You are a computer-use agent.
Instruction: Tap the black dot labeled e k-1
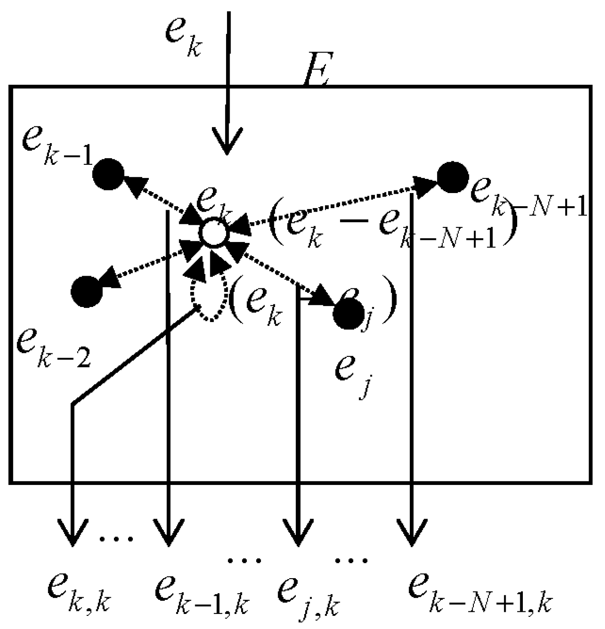click(x=108, y=174)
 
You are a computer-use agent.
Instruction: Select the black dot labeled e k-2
click(x=87, y=291)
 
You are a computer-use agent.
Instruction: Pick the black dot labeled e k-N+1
click(x=452, y=177)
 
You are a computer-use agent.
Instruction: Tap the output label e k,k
click(x=79, y=592)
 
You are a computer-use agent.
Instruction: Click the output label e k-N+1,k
click(x=479, y=592)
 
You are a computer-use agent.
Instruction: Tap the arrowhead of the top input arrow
click(x=227, y=141)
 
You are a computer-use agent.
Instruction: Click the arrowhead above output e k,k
click(x=72, y=532)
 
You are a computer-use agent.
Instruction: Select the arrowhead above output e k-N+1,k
click(x=412, y=532)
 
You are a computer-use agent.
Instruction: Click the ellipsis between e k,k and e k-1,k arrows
click(x=116, y=538)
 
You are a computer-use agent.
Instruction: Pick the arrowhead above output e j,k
click(x=299, y=532)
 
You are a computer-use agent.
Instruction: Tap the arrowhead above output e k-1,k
click(x=167, y=532)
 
